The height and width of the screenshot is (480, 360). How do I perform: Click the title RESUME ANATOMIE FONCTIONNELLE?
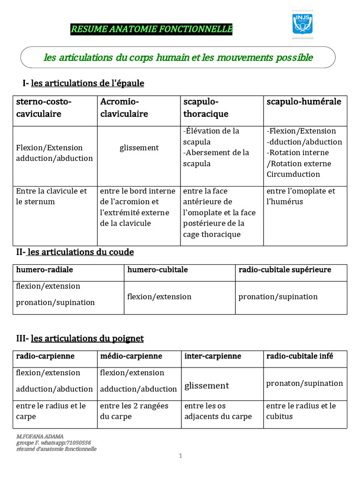[x=151, y=30]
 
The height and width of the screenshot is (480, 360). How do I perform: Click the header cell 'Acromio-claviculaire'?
[x=124, y=108]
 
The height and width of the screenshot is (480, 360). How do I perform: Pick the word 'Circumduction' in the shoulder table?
[x=293, y=174]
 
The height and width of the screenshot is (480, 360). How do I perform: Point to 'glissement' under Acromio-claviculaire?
[x=139, y=148]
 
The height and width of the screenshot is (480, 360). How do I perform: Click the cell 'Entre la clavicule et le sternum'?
[x=52, y=196]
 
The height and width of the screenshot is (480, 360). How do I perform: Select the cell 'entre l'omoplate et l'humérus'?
[x=301, y=196]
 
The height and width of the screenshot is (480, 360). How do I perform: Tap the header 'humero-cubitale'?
[x=157, y=270]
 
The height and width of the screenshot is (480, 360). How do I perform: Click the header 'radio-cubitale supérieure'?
[x=285, y=270]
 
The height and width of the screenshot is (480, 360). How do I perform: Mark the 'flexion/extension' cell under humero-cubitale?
[x=159, y=297]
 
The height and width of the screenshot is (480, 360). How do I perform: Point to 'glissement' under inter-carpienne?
[x=207, y=386]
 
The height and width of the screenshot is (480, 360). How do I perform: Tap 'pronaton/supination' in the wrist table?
[x=305, y=383]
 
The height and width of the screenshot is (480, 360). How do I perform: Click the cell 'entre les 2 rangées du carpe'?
[x=134, y=411]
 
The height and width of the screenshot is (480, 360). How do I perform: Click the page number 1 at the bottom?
[x=180, y=457]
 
